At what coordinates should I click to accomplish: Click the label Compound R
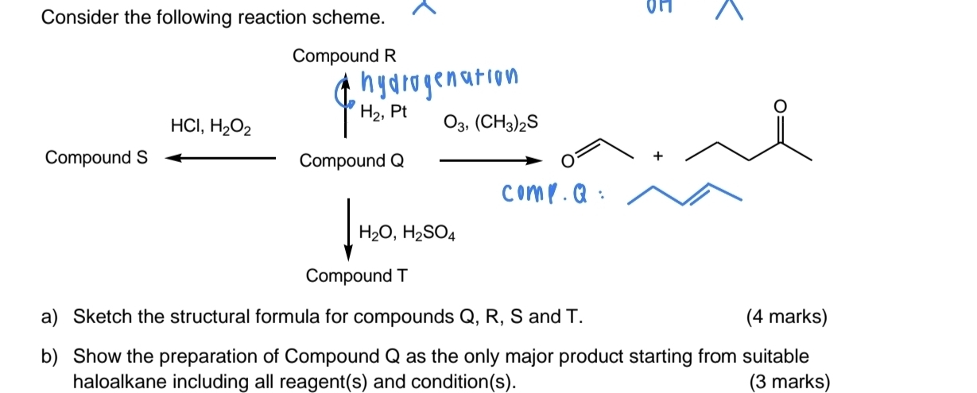click(343, 56)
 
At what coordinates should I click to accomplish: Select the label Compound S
click(96, 157)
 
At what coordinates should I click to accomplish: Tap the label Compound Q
click(351, 161)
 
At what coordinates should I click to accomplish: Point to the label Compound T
click(357, 276)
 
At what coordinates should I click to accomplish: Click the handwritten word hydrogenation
click(440, 79)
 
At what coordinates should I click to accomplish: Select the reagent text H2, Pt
click(384, 114)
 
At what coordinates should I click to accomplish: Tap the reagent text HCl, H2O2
click(211, 126)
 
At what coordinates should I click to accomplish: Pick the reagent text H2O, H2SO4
click(407, 233)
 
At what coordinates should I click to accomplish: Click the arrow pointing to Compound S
click(219, 158)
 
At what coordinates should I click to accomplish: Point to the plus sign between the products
click(657, 158)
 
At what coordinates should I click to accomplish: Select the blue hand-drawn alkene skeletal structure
click(684, 195)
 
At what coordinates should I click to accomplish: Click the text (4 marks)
click(787, 318)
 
